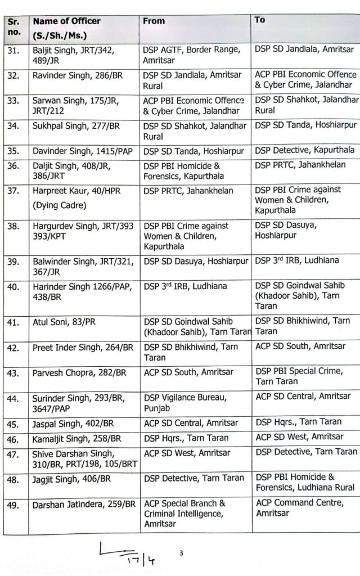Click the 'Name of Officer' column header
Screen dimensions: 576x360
click(66, 21)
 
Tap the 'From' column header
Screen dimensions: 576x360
click(154, 21)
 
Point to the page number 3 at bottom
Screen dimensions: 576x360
click(181, 553)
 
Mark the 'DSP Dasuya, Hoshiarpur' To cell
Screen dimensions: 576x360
click(287, 231)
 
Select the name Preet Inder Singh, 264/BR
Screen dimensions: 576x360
click(82, 348)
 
